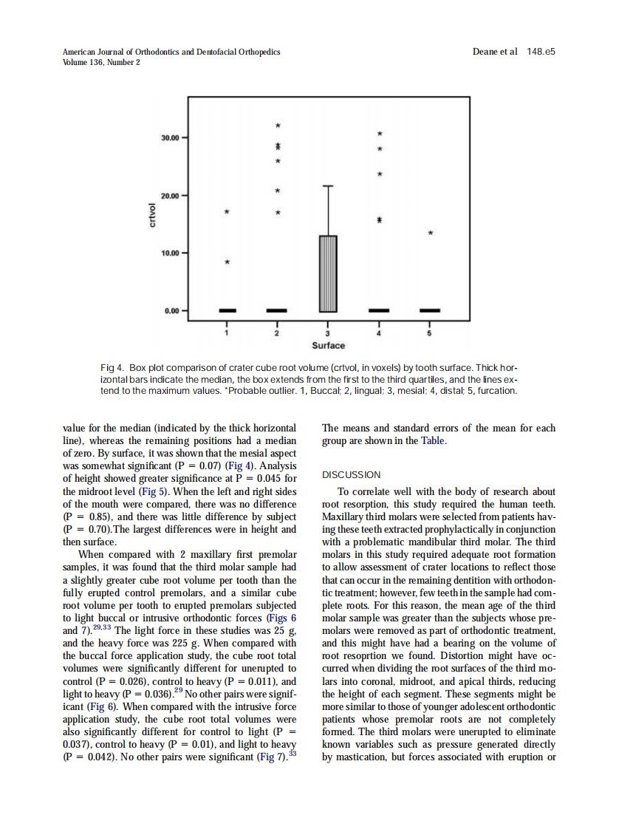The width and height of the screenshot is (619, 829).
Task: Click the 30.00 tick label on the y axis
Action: [x=170, y=138]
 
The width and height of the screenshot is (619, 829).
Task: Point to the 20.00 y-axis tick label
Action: [x=170, y=196]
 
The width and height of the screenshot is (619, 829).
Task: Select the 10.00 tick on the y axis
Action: [x=170, y=253]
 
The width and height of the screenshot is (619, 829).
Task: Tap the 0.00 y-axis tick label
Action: [x=172, y=311]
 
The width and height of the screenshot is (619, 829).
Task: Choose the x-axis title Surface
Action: [x=328, y=346]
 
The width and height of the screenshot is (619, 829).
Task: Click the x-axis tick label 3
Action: [x=328, y=335]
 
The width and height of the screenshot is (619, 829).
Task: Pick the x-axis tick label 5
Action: [x=430, y=335]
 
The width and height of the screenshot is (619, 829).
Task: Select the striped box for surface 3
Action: [x=328, y=273]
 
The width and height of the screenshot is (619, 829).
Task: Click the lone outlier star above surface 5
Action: [x=430, y=233]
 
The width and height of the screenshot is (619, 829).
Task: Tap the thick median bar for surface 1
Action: [x=226, y=310]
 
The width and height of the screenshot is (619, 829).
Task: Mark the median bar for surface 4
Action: [x=379, y=310]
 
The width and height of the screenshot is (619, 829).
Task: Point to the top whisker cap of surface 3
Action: [x=328, y=185]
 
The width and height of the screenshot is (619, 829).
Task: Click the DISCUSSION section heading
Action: [x=351, y=475]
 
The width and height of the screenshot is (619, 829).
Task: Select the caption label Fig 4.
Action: [x=112, y=368]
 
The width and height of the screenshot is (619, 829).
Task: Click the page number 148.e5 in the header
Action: [x=541, y=52]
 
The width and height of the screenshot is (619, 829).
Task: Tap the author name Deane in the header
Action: [x=485, y=52]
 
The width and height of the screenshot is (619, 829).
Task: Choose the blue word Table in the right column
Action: [x=434, y=441]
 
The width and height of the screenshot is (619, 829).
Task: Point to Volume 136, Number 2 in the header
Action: [x=101, y=62]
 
